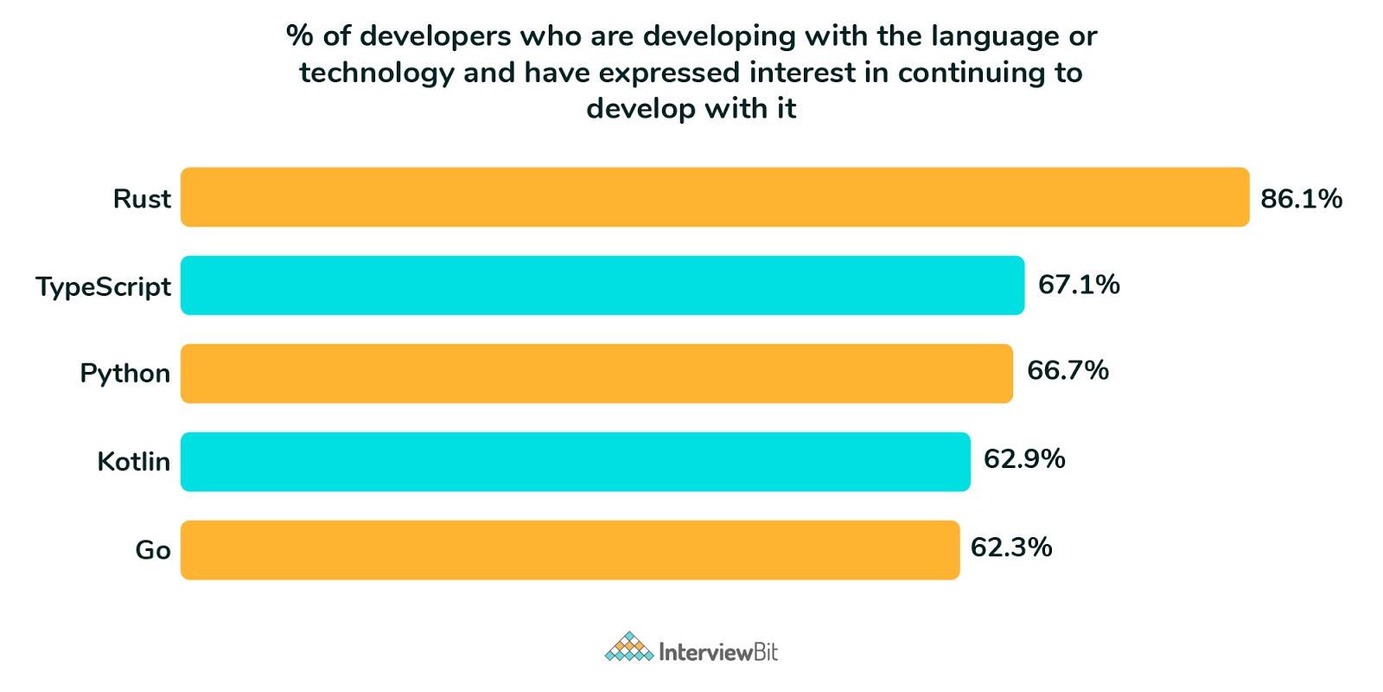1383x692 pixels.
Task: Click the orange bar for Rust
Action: click(x=714, y=197)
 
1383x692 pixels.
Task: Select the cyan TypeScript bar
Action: click(x=602, y=285)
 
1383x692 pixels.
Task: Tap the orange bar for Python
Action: click(x=596, y=374)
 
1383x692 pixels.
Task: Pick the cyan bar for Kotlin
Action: click(x=575, y=462)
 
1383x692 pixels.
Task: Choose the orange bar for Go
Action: click(x=570, y=550)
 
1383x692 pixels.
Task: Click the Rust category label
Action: click(x=142, y=199)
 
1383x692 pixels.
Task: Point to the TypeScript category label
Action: click(x=103, y=287)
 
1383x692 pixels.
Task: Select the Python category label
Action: click(x=124, y=374)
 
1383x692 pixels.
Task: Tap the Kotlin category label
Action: click(x=133, y=462)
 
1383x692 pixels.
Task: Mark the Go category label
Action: click(x=153, y=550)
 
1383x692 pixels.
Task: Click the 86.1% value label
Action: click(x=1301, y=199)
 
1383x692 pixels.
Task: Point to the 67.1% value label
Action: click(x=1079, y=285)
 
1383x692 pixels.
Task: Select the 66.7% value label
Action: click(x=1068, y=370)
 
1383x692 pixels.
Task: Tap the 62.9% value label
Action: click(x=1024, y=458)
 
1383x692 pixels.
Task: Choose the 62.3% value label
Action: click(x=1011, y=547)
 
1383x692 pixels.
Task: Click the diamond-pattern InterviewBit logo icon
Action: click(x=628, y=648)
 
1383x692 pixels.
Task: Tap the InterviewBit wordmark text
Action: click(x=717, y=652)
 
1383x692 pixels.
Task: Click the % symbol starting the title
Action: click(x=299, y=36)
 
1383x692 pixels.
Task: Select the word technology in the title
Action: click(x=376, y=74)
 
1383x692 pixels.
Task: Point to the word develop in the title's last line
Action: click(x=641, y=110)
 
